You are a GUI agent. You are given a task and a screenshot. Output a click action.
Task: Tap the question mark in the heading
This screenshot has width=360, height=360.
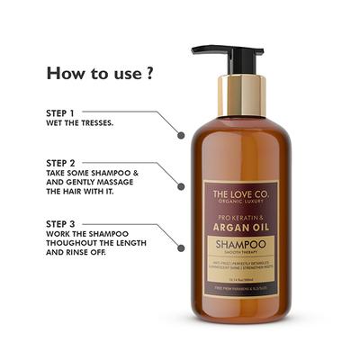148,72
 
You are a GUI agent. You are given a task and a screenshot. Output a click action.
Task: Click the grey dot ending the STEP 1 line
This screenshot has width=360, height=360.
181,135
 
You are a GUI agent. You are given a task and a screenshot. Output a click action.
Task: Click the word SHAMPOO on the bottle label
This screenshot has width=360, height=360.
240,243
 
